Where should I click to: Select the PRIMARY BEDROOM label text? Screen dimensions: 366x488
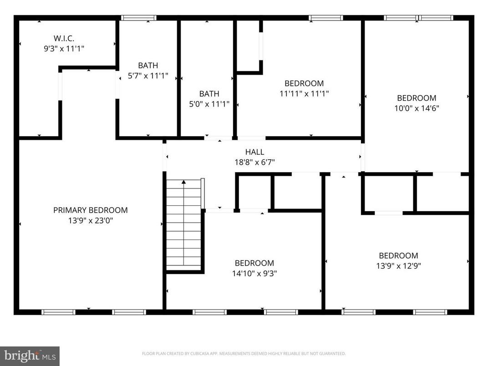click(x=91, y=210)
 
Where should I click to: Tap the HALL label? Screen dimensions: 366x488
click(x=254, y=152)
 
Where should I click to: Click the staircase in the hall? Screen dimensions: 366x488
click(x=184, y=225)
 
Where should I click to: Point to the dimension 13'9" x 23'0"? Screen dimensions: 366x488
click(x=91, y=221)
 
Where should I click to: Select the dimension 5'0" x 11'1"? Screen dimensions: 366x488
click(x=209, y=104)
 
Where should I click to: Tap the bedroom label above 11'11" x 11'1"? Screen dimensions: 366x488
click(x=304, y=83)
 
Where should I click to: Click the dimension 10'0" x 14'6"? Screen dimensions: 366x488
click(x=417, y=108)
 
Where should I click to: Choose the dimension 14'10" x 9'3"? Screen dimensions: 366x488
click(x=254, y=274)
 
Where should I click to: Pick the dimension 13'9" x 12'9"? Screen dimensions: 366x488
click(x=398, y=266)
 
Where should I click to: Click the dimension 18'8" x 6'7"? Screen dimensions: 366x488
click(x=254, y=162)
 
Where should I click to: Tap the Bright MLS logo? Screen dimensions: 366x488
click(x=30, y=356)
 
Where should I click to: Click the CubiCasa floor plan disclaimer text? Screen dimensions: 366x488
click(x=244, y=353)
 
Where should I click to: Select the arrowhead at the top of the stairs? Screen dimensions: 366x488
click(x=184, y=182)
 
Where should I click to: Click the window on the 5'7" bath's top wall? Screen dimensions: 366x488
click(x=139, y=18)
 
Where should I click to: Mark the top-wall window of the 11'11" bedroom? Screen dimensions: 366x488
click(x=325, y=18)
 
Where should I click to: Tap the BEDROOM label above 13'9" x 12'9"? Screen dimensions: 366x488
click(x=398, y=255)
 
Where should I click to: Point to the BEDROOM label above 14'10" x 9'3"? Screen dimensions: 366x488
click(x=254, y=263)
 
